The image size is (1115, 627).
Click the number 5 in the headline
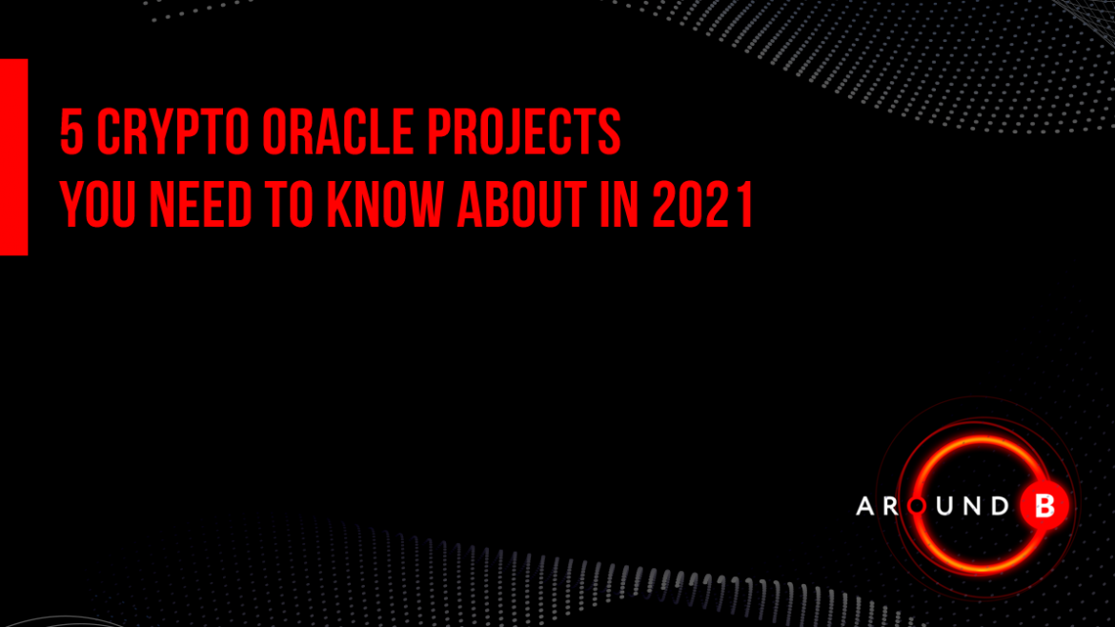point(71,131)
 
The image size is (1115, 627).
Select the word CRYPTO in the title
point(172,131)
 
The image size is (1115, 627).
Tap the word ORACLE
point(337,131)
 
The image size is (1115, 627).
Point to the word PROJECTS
point(524,131)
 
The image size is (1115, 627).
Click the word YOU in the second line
point(97,205)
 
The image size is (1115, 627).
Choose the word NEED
point(200,205)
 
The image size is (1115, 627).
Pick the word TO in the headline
point(290,205)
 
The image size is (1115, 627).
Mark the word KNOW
point(385,205)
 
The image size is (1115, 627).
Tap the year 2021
point(702,205)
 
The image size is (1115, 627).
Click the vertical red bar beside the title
point(13,157)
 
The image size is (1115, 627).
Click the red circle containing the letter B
point(1044,506)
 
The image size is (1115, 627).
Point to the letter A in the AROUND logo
point(865,506)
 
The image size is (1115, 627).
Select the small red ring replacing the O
point(918,506)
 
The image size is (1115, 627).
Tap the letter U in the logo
point(944,506)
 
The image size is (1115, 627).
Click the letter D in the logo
point(1001,506)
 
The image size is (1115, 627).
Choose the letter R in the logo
point(891,506)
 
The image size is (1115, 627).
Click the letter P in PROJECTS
point(438,131)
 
